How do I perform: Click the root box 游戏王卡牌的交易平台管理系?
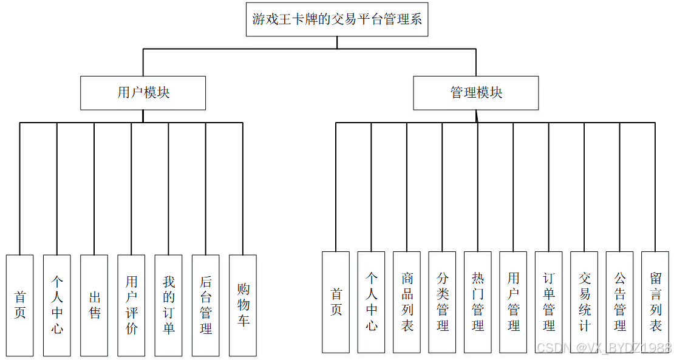[337, 19]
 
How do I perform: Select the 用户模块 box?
[143, 93]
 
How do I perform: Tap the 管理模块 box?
[476, 93]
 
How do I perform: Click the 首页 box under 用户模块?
[20, 305]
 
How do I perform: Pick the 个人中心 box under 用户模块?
[57, 305]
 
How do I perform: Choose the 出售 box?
[94, 305]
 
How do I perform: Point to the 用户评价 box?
[131, 305]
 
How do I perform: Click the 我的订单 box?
[168, 305]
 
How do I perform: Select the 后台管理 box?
[205, 305]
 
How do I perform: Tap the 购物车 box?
[242, 305]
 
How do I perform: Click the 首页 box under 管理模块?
[336, 302]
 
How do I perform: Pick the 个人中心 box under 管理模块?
[371, 302]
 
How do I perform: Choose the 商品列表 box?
[407, 302]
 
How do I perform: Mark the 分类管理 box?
[442, 302]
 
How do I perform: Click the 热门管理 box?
[478, 302]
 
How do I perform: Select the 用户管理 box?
[513, 302]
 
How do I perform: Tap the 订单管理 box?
[549, 302]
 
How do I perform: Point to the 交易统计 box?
[584, 302]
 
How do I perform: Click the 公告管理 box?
[619, 302]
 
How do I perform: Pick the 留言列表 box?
[655, 302]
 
